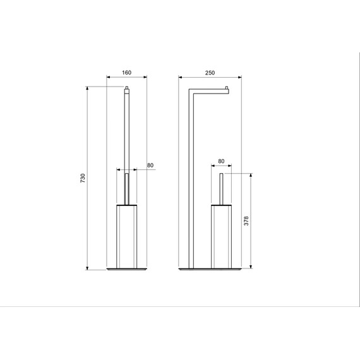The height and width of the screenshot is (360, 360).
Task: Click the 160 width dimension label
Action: tap(126, 73)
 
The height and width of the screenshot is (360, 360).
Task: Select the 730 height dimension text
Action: tap(83, 178)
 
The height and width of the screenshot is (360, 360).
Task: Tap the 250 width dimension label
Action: tap(210, 73)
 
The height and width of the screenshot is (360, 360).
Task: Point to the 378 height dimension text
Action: tap(246, 220)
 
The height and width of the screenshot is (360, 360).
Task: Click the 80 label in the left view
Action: tap(150, 165)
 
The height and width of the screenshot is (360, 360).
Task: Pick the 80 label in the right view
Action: tap(221, 161)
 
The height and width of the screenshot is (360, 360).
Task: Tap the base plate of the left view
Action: tap(127, 270)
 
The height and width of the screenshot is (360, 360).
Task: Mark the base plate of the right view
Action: tap(210, 270)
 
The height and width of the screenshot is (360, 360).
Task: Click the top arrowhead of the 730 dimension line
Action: tap(88, 88)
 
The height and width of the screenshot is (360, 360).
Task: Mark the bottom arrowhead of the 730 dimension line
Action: tap(88, 268)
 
